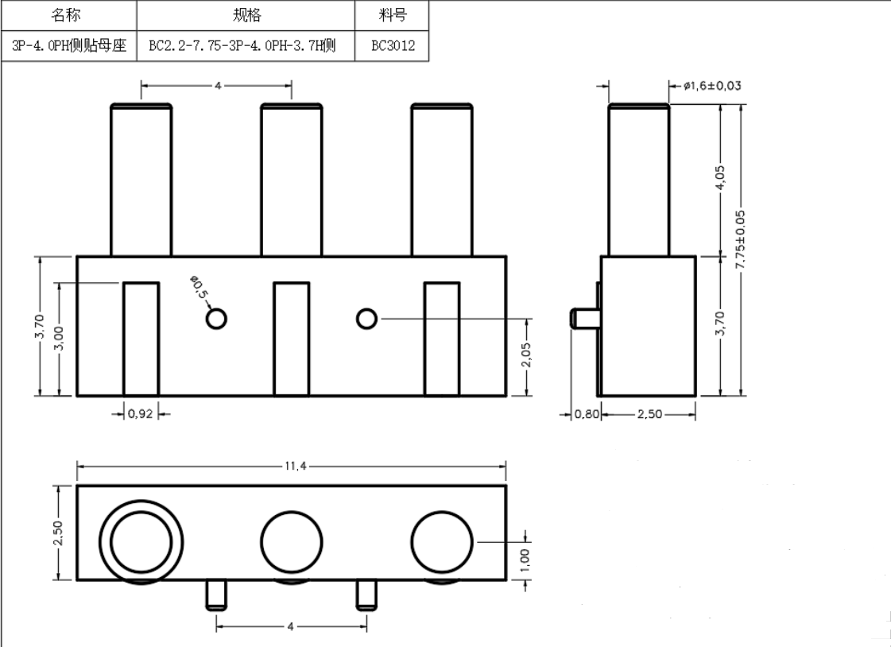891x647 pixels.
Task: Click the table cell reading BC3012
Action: click(x=393, y=46)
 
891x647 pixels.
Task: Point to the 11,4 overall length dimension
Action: click(x=291, y=467)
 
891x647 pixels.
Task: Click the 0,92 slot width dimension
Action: click(x=141, y=413)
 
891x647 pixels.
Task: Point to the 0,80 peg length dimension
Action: click(x=585, y=414)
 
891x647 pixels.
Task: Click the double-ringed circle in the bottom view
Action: click(x=141, y=543)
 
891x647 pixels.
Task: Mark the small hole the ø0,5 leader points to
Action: click(x=215, y=319)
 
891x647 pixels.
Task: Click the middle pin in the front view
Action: click(x=292, y=181)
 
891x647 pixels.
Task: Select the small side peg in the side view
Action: click(x=584, y=319)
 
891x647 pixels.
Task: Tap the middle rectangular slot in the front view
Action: click(x=292, y=338)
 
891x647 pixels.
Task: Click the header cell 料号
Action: click(x=393, y=16)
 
